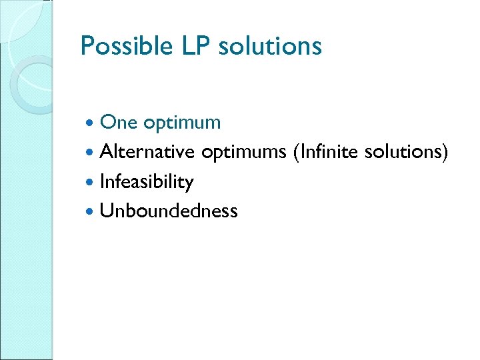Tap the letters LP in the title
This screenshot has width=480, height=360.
click(x=189, y=47)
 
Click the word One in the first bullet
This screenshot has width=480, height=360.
click(x=118, y=123)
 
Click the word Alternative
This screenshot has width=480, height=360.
click(x=147, y=152)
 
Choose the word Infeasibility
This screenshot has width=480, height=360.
click(x=146, y=182)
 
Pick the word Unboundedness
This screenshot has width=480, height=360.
click(x=168, y=211)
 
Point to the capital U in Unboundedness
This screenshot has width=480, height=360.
click(x=105, y=211)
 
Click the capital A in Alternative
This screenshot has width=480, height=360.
click(x=106, y=153)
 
